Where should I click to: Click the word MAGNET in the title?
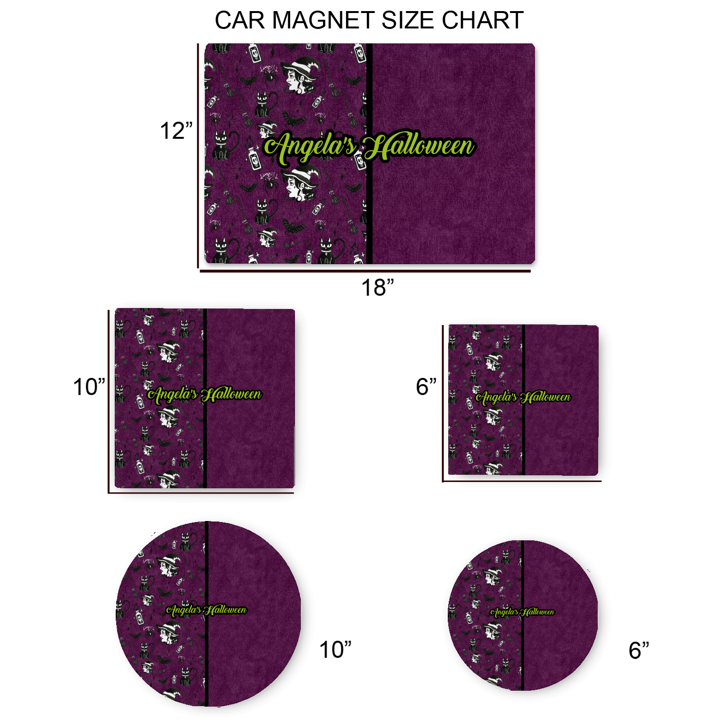(322, 21)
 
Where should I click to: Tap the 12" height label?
(176, 131)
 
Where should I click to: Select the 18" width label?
(377, 288)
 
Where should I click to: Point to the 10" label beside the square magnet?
(89, 387)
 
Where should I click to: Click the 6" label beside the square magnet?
(426, 387)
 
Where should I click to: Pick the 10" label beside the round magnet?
(335, 650)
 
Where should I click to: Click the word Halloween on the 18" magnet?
(418, 147)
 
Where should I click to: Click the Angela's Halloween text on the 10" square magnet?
(204, 395)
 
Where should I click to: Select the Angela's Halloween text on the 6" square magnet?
(523, 397)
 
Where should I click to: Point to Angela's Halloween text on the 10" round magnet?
(206, 610)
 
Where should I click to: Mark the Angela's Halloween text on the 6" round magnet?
(522, 612)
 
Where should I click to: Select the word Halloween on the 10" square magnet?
(232, 395)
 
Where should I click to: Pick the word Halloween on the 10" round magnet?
(225, 610)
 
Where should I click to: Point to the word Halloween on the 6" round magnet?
(538, 612)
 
